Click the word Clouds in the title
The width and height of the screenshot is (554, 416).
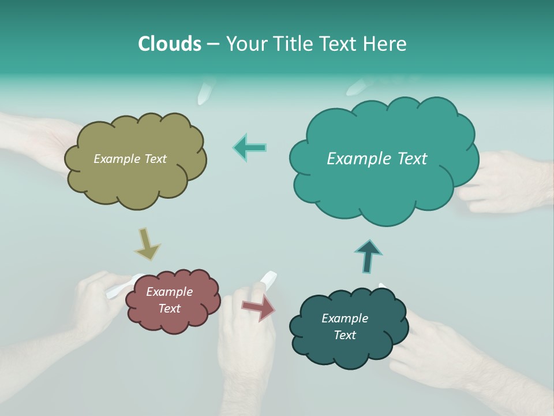[x=169, y=44]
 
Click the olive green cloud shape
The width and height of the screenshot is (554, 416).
[x=136, y=179]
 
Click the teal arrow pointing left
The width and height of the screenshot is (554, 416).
[x=250, y=147]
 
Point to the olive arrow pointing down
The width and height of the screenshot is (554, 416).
[x=147, y=244]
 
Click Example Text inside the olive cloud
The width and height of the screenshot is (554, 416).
[x=130, y=159]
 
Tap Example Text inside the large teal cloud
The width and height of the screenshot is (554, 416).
[x=377, y=159]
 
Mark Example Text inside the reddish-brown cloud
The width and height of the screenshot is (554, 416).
[x=170, y=300]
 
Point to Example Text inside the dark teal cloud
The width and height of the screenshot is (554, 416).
[x=345, y=326]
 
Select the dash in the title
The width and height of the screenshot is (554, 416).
[x=212, y=44]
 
